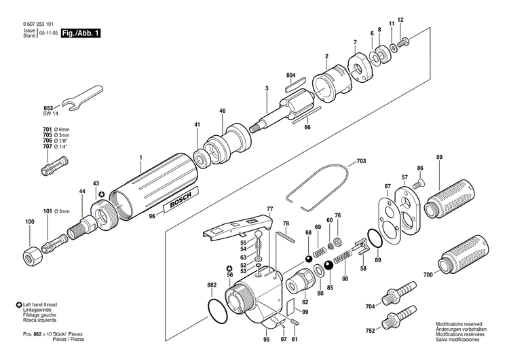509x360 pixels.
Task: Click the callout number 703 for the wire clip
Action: [x=360, y=162]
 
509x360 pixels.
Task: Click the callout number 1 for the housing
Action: [x=140, y=158]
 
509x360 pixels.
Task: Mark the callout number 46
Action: [x=222, y=110]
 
